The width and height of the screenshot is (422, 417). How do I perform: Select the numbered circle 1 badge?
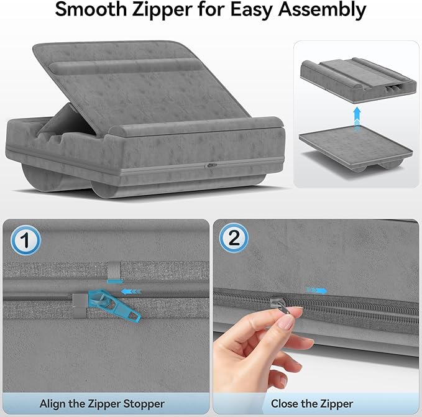26,239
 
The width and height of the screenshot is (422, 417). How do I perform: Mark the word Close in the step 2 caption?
285,403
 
